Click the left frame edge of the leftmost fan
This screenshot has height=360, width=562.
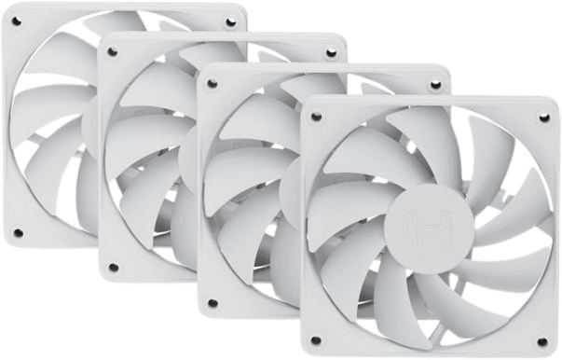click(x=7, y=121)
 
